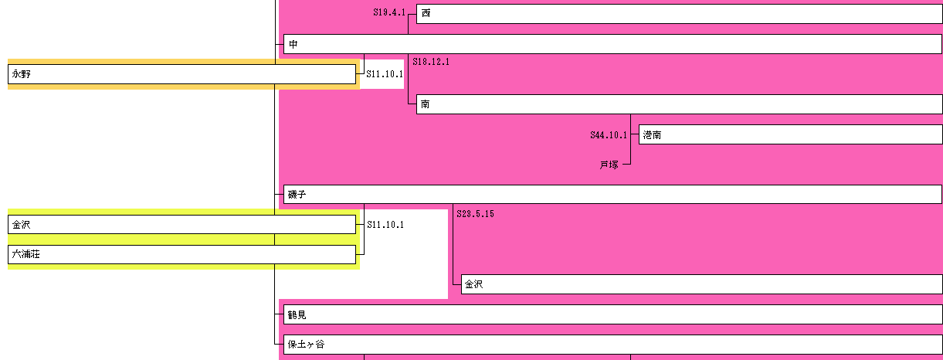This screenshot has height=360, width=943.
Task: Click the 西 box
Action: pyautogui.click(x=679, y=14)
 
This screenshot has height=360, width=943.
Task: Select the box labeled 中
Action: pyautogui.click(x=612, y=44)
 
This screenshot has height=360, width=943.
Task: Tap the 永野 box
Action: pyautogui.click(x=181, y=74)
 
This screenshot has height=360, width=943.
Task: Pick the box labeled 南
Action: pyautogui.click(x=679, y=104)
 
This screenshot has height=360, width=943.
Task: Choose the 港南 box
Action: pyautogui.click(x=790, y=134)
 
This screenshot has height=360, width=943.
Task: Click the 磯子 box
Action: pyautogui.click(x=612, y=194)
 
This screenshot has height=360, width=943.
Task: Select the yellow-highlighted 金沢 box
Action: pyautogui.click(x=181, y=225)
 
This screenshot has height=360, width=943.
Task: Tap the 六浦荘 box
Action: pyautogui.click(x=181, y=254)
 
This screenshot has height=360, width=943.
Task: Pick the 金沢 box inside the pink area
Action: pyautogui.click(x=701, y=284)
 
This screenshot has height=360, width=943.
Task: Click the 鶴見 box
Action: pyautogui.click(x=612, y=314)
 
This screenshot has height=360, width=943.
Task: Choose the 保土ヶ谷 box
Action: pyautogui.click(x=612, y=345)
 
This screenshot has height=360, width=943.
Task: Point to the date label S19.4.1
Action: pyautogui.click(x=388, y=12)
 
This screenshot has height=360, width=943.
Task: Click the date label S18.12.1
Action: pyautogui.click(x=431, y=62)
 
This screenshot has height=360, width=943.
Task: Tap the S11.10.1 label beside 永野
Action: pyautogui.click(x=385, y=74)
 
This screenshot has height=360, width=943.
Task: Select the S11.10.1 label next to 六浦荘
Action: pyautogui.click(x=385, y=225)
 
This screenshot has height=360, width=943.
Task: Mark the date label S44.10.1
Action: pyautogui.click(x=609, y=135)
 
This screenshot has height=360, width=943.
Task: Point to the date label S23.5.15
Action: pyautogui.click(x=475, y=213)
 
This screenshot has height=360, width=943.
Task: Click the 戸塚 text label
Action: pyautogui.click(x=609, y=165)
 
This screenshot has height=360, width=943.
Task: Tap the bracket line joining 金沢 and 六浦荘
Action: pyautogui.click(x=364, y=239)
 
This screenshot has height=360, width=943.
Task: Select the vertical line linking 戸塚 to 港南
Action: pyautogui.click(x=631, y=150)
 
